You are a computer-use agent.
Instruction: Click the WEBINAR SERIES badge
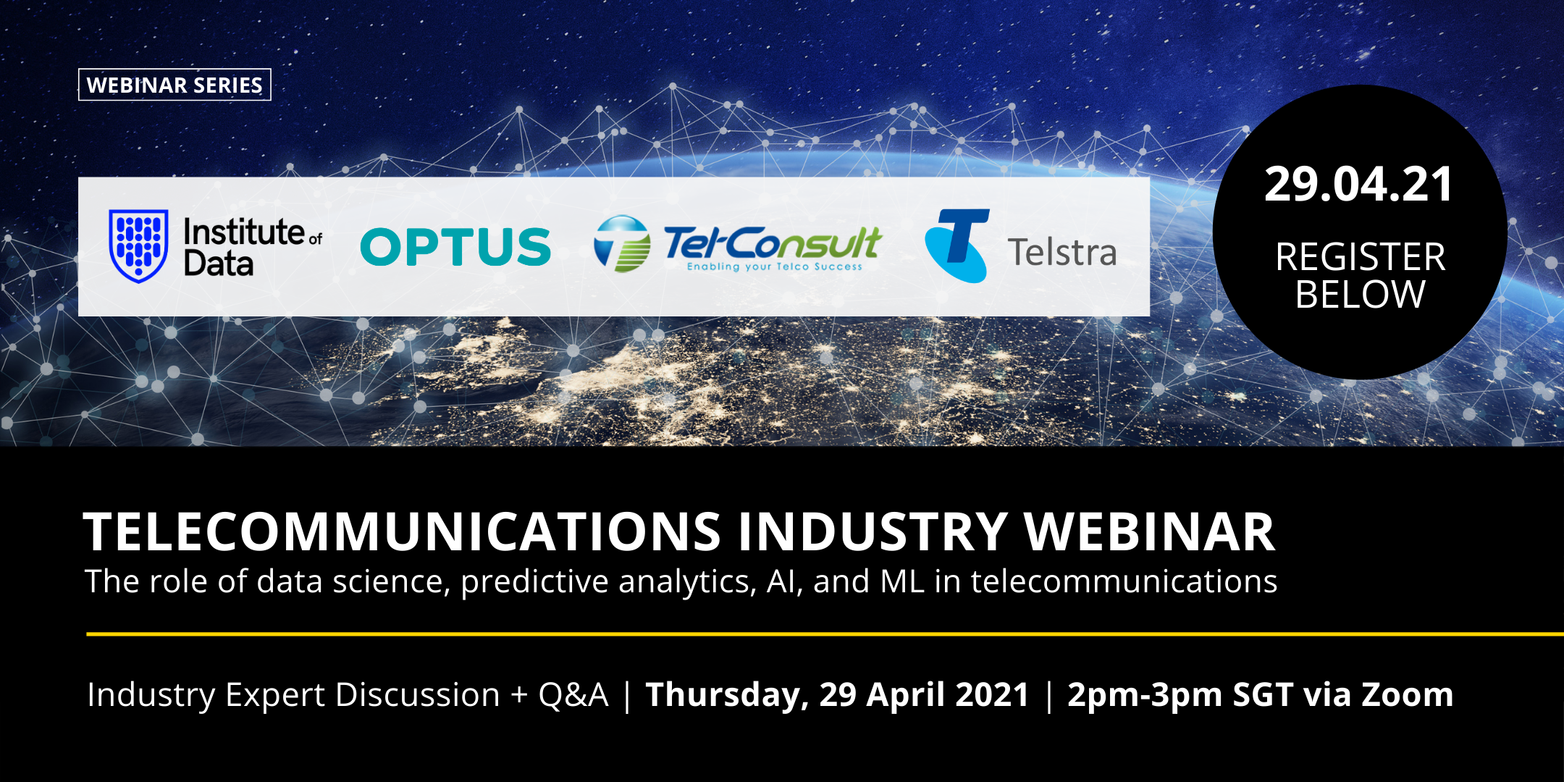pyautogui.click(x=175, y=85)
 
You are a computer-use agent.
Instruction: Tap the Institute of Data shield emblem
pyautogui.click(x=138, y=245)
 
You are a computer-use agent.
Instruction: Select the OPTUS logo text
pyautogui.click(x=455, y=247)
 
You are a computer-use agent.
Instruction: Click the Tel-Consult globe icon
pyautogui.click(x=622, y=244)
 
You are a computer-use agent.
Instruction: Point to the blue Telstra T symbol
pyautogui.click(x=957, y=245)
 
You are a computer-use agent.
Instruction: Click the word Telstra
pyautogui.click(x=1061, y=253)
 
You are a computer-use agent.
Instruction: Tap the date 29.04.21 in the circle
pyautogui.click(x=1359, y=184)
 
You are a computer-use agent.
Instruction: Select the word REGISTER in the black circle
pyautogui.click(x=1361, y=257)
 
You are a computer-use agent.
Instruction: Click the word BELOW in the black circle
pyautogui.click(x=1361, y=295)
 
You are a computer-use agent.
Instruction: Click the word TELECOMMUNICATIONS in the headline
pyautogui.click(x=403, y=531)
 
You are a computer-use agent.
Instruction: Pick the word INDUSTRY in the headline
pyautogui.click(x=872, y=531)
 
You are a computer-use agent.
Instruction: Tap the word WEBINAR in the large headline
pyautogui.click(x=1149, y=531)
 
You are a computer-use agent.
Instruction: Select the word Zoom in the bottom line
pyautogui.click(x=1408, y=694)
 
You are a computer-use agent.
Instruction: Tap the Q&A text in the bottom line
pyautogui.click(x=573, y=695)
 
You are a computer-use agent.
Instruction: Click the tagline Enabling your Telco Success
pyautogui.click(x=775, y=266)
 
